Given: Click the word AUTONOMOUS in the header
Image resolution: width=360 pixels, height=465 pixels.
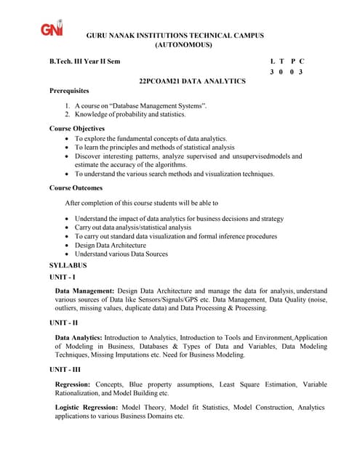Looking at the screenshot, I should tap(184, 45).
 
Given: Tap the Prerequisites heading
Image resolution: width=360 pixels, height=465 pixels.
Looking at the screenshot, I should tap(69, 91).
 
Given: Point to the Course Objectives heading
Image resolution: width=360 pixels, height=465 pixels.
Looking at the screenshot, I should tap(77, 129).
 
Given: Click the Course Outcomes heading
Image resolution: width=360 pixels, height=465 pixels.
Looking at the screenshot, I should tap(76, 188).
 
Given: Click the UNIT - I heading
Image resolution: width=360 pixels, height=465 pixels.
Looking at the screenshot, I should tap(63, 278).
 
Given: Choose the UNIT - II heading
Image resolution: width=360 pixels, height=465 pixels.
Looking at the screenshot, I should tap(63, 322).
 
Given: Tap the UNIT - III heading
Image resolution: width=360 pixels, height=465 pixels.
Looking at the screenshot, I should tap(65, 370).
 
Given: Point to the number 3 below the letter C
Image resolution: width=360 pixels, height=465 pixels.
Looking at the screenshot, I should tap(300, 73).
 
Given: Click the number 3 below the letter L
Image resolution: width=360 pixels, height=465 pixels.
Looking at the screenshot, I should tap(271, 73).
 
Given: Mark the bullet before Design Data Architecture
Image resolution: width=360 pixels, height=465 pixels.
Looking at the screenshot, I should tap(68, 246).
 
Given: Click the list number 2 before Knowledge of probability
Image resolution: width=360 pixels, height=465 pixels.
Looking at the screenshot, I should tap(67, 115).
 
